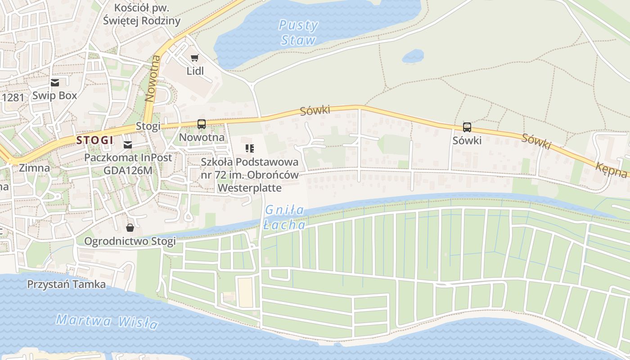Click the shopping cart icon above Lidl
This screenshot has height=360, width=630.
(x=194, y=58)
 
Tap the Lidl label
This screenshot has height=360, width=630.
(x=195, y=71)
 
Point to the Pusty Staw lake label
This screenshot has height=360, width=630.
(x=298, y=32)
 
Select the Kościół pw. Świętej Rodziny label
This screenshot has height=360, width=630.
(x=141, y=14)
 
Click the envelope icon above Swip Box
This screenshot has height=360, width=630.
(x=55, y=82)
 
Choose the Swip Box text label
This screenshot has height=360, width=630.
(x=54, y=95)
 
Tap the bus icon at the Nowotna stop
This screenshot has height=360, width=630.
(x=201, y=124)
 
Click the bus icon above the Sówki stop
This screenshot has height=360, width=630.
(x=467, y=127)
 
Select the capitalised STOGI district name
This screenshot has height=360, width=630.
(x=94, y=140)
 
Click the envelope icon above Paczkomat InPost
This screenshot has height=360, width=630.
(x=128, y=144)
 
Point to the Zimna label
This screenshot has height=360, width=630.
(x=34, y=168)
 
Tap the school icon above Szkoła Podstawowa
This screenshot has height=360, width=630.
(x=250, y=148)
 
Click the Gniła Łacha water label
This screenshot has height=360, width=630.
(x=284, y=217)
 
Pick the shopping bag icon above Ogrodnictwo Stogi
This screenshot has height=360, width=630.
(x=130, y=228)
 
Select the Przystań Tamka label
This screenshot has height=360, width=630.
(x=66, y=284)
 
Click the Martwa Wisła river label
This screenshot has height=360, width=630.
(x=107, y=321)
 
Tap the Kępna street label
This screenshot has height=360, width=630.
(x=611, y=170)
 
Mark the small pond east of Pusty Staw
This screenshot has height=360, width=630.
(x=413, y=56)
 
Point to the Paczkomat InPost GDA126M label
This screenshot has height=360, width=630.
(x=128, y=164)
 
